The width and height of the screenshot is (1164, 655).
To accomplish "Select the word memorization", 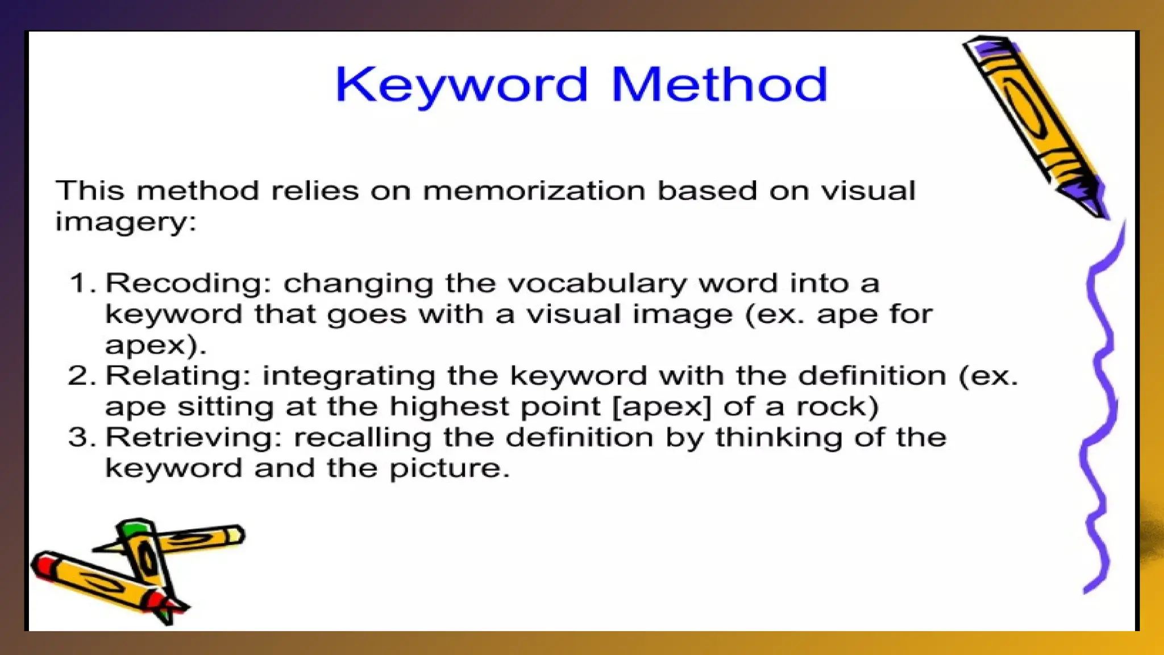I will click(x=534, y=190).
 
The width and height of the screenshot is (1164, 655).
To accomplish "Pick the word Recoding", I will click(x=185, y=284).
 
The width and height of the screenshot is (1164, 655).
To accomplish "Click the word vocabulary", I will click(x=597, y=284).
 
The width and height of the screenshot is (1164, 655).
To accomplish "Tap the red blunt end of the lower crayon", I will click(x=43, y=565).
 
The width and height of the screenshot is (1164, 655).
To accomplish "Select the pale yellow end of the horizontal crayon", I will click(x=234, y=535).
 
